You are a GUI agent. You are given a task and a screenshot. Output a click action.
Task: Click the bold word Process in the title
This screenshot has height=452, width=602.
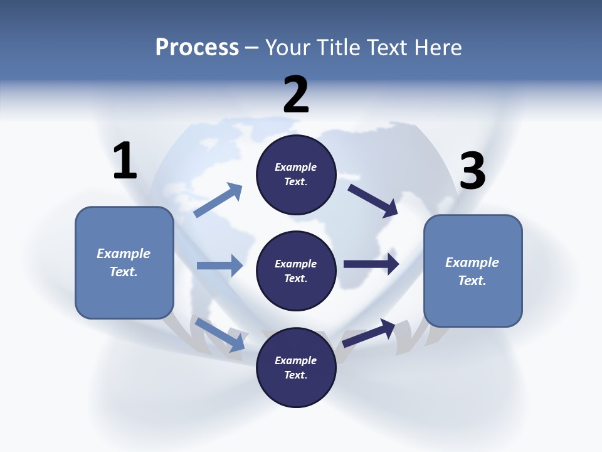pyautogui.click(x=197, y=48)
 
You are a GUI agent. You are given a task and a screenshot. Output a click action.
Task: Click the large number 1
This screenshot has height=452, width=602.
pyautogui.click(x=125, y=161)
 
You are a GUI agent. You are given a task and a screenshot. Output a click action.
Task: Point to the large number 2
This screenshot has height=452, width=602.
pyautogui.click(x=296, y=95)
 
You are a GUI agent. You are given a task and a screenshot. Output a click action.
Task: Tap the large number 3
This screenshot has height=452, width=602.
pyautogui.click(x=473, y=171)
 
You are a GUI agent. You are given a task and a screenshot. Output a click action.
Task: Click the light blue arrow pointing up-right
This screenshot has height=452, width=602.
pyautogui.click(x=218, y=201)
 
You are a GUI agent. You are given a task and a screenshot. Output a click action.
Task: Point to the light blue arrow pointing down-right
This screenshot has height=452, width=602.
pyautogui.click(x=219, y=334)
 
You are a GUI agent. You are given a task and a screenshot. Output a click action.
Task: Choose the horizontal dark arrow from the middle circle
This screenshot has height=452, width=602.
pyautogui.click(x=371, y=264)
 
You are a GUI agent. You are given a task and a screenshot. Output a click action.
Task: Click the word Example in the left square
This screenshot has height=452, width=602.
pyautogui.click(x=124, y=254)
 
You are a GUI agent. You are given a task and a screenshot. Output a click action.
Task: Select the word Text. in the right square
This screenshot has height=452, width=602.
pyautogui.click(x=472, y=281)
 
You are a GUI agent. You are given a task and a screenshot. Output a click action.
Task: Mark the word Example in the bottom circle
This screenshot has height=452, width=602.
pyautogui.click(x=295, y=360)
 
